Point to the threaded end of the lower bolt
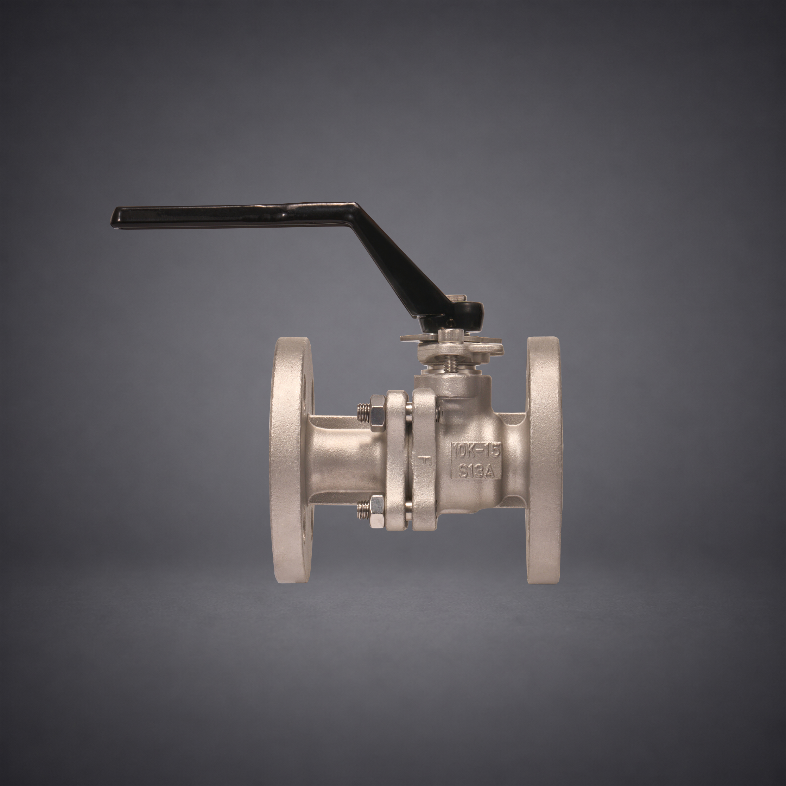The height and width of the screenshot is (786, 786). [x=362, y=509]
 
